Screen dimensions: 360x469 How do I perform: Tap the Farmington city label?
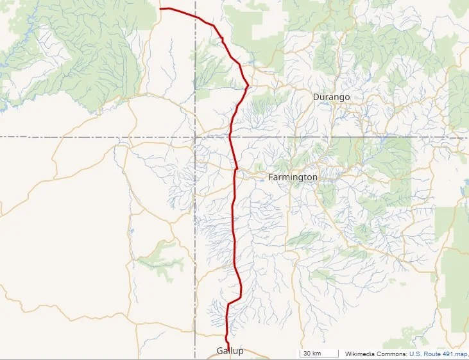click(293, 176)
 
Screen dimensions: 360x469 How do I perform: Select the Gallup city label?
click(230, 351)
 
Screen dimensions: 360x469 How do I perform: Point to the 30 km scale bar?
click(320, 354)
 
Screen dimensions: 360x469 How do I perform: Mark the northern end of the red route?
click(160, 9)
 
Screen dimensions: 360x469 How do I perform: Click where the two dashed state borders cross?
click(195, 137)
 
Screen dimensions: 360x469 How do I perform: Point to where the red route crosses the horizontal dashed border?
click(230, 137)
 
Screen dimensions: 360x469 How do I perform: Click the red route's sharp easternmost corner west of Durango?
click(248, 85)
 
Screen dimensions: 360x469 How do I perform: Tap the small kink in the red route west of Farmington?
click(236, 169)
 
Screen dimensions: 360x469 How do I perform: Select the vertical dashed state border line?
click(195, 244)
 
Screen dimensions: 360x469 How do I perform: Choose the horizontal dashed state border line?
click(96, 137)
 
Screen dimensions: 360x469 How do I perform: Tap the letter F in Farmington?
click(271, 176)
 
